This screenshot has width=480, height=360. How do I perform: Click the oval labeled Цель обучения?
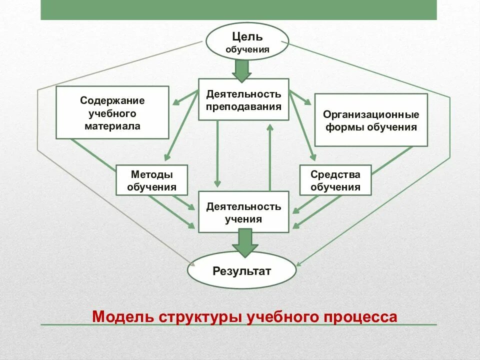(247, 41)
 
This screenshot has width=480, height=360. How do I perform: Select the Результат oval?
(242, 271)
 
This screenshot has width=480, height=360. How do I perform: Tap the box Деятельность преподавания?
(243, 99)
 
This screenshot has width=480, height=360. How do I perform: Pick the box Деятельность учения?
(243, 212)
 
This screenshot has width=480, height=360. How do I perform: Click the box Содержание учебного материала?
(112, 112)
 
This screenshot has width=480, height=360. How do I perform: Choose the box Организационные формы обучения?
(370, 120)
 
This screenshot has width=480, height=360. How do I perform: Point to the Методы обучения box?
(151, 180)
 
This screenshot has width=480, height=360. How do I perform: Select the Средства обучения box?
(335, 180)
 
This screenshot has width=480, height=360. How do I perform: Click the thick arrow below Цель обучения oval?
(242, 70)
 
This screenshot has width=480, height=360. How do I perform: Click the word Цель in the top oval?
(247, 36)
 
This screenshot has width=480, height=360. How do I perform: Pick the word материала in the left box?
(112, 126)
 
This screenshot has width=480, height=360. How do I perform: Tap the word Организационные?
(370, 114)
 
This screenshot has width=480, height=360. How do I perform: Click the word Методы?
(151, 174)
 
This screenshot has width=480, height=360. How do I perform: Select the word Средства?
(335, 174)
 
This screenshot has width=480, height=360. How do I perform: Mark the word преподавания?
(243, 106)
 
